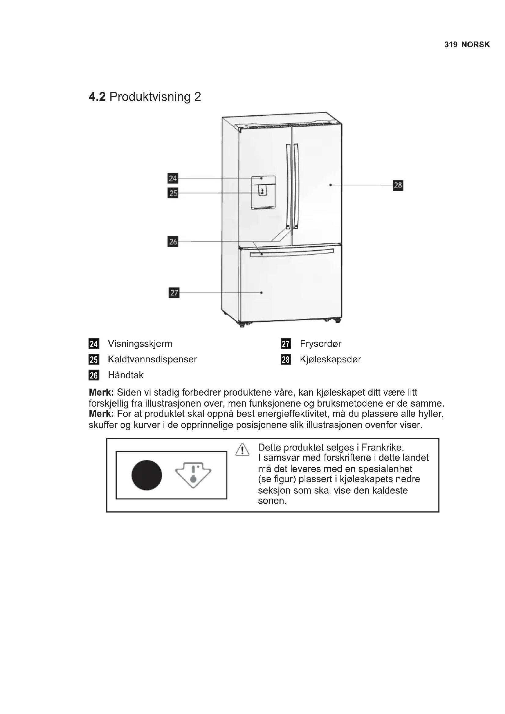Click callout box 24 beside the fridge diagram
(x=173, y=178)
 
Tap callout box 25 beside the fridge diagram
(x=173, y=193)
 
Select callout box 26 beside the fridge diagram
(x=173, y=241)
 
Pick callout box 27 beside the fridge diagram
(x=174, y=293)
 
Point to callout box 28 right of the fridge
(x=398, y=185)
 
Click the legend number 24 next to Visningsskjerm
(x=94, y=344)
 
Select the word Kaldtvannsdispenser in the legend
(x=152, y=359)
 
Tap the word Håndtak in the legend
(x=125, y=375)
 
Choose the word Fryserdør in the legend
(x=321, y=344)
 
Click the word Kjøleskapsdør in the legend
(x=331, y=359)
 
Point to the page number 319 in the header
(x=451, y=45)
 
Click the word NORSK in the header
(x=475, y=45)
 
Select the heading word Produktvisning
(x=150, y=97)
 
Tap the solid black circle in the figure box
(x=147, y=475)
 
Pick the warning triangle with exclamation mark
(x=242, y=450)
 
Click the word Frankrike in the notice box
(x=383, y=448)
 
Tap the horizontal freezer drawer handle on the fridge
(x=292, y=252)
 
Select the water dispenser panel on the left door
(x=263, y=192)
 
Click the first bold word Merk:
(x=101, y=393)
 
